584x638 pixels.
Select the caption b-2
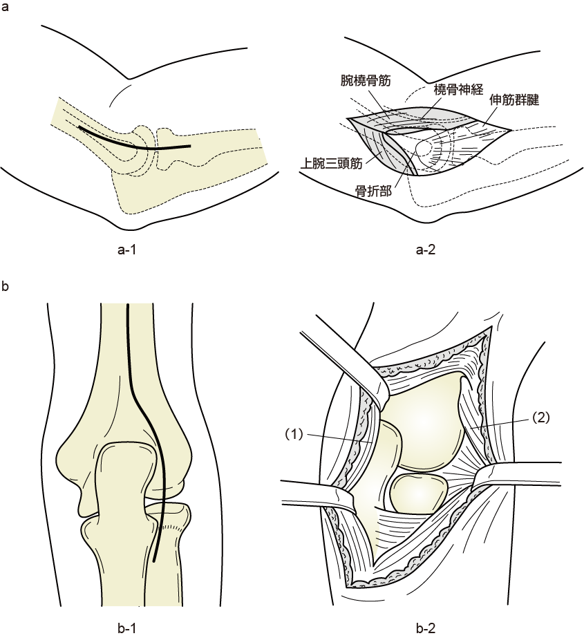[x=426, y=628]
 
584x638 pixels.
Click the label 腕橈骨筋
[x=366, y=80]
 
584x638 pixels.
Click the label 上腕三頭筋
[x=332, y=164]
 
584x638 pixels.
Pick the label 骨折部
[x=373, y=191]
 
